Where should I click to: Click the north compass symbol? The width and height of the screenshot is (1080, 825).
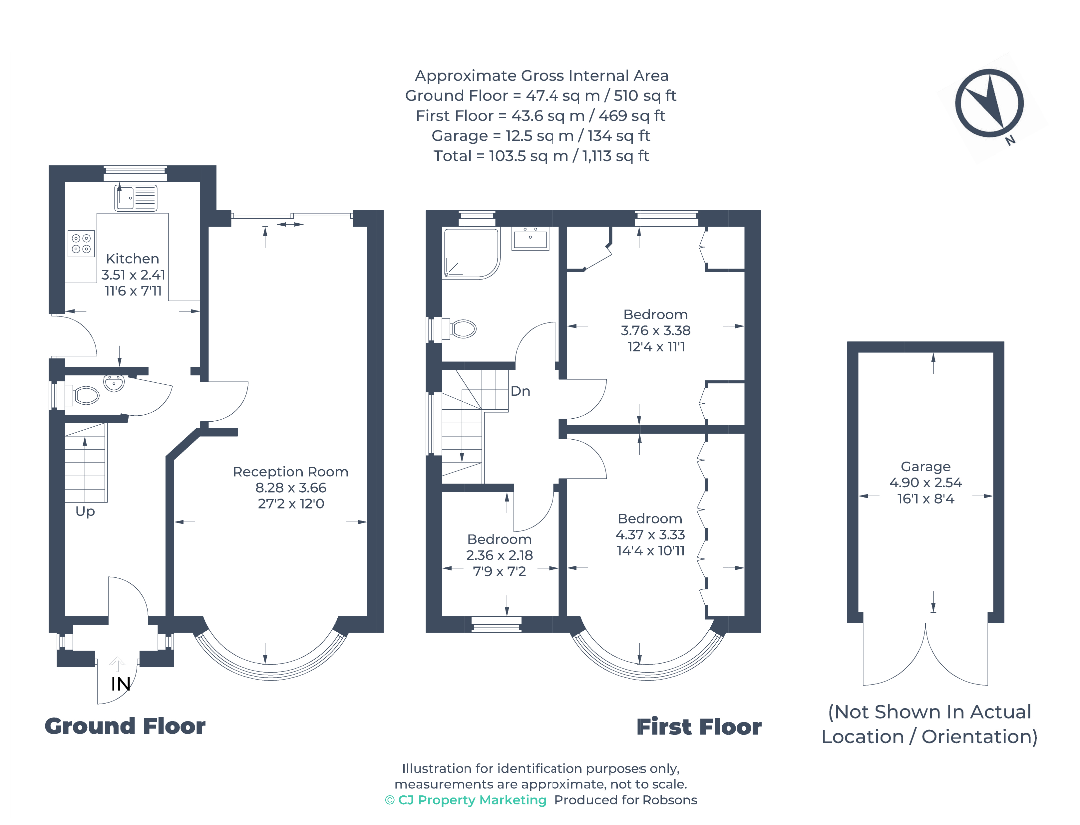(x=989, y=103)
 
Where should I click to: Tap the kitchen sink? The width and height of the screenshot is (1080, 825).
(x=136, y=198)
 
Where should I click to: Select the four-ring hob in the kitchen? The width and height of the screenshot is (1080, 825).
(x=81, y=244)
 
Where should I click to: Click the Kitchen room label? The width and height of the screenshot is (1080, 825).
(x=132, y=259)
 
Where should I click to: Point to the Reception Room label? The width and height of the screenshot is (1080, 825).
(x=290, y=472)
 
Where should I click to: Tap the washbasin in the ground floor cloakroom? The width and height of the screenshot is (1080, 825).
(x=114, y=383)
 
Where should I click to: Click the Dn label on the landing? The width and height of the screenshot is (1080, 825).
(x=520, y=391)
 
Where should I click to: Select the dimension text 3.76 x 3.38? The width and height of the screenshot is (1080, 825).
(x=655, y=330)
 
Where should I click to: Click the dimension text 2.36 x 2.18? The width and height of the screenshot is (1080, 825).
(x=499, y=555)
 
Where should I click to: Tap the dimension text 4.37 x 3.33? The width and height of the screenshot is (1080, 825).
(x=650, y=535)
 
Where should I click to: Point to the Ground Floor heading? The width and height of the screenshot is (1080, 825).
(x=125, y=726)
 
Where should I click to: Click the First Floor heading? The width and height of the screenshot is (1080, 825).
(x=699, y=727)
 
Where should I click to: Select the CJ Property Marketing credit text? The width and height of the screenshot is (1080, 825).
(x=465, y=800)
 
